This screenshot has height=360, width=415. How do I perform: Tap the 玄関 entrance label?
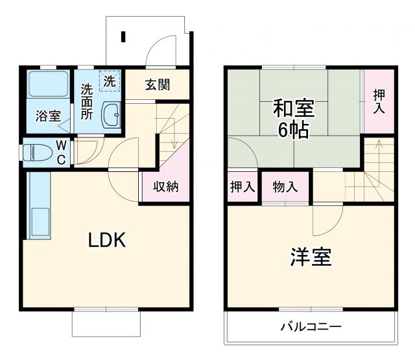(x=158, y=84)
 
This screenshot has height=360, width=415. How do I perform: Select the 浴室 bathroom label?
(x=48, y=117)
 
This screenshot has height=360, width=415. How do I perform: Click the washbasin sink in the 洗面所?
(x=112, y=115)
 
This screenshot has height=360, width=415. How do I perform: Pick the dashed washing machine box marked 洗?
(x=110, y=81)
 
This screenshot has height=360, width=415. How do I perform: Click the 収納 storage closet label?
(x=165, y=187)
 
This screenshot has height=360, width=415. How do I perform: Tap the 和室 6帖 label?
(x=290, y=118)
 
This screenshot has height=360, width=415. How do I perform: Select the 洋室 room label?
(x=310, y=257)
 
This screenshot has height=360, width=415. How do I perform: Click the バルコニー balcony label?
(x=310, y=326)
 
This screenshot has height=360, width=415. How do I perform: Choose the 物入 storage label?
(x=285, y=187)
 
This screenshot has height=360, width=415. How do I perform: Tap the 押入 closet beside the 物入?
(x=243, y=187)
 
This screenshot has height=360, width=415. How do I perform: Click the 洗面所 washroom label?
(x=86, y=102)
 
